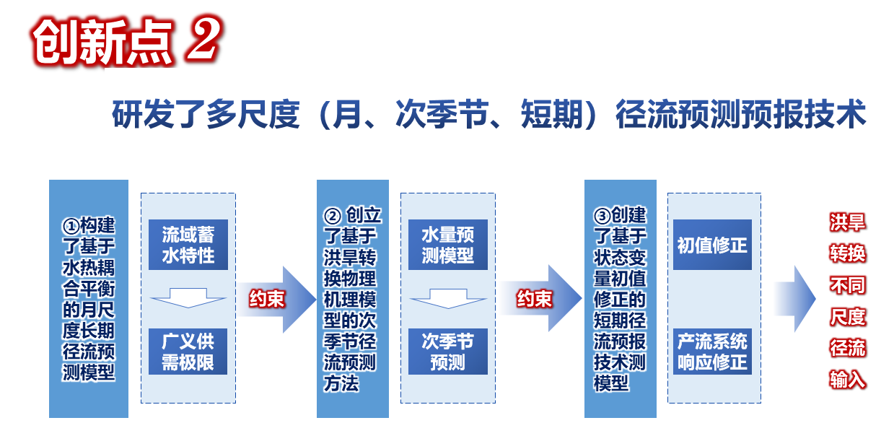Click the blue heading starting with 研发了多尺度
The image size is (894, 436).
pyautogui.click(x=489, y=115)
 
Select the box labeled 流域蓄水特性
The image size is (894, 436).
pyautogui.click(x=188, y=245)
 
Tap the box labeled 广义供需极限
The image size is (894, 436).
pyautogui.click(x=188, y=352)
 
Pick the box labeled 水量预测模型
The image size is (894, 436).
pyautogui.click(x=448, y=245)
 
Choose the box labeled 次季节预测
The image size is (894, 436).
pyautogui.click(x=448, y=352)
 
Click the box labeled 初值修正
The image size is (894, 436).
pyautogui.click(x=712, y=245)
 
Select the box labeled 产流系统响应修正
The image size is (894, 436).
pyautogui.click(x=712, y=352)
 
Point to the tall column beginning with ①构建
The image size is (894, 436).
pyautogui.click(x=89, y=299)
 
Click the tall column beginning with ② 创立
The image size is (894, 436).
pyautogui.click(x=353, y=299)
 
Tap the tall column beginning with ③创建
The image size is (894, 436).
pyautogui.click(x=621, y=299)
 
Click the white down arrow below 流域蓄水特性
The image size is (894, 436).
pyautogui.click(x=188, y=298)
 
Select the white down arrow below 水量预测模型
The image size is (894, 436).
pyautogui.click(x=448, y=299)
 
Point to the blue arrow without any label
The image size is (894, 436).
pyautogui.click(x=795, y=299)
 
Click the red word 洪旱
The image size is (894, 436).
pyautogui.click(x=847, y=222)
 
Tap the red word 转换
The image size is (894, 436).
pyautogui.click(x=847, y=253)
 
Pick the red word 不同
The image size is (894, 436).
pyautogui.click(x=847, y=285)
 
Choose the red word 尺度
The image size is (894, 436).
pyautogui.click(x=847, y=317)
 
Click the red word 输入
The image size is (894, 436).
pyautogui.click(x=847, y=379)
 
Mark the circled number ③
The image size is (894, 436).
pyautogui.click(x=602, y=216)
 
